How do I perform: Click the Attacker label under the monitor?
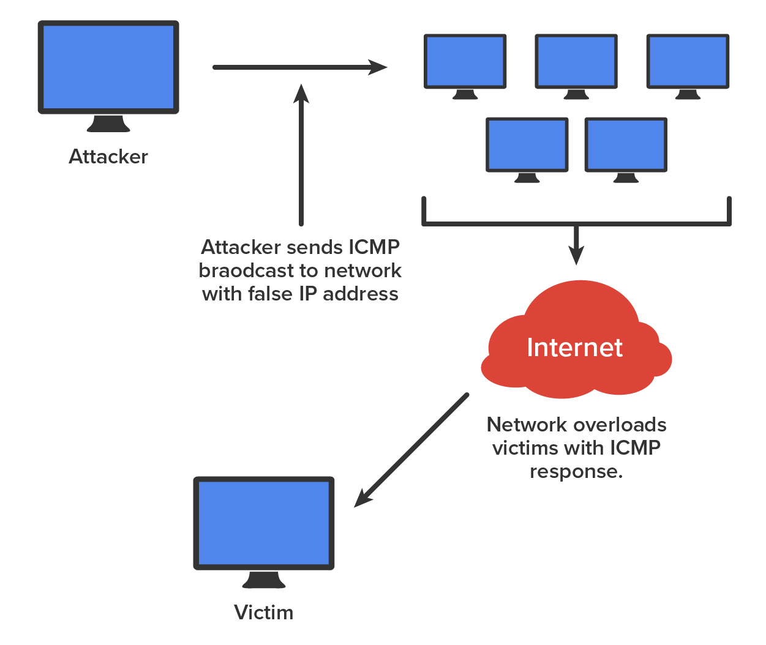[108, 157]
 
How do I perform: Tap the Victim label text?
[263, 613]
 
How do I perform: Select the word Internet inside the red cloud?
[574, 348]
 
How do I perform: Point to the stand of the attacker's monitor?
[108, 124]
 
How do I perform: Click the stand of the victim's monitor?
[264, 580]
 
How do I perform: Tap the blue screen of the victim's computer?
[264, 523]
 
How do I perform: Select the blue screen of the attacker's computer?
[108, 67]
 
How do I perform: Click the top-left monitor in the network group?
[465, 61]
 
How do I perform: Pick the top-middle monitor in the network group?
[576, 61]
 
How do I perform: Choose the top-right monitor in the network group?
[688, 61]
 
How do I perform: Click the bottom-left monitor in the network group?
[527, 145]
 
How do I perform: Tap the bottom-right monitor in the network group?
[626, 145]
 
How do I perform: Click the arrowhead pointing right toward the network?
[378, 67]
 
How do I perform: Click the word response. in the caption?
[576, 472]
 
